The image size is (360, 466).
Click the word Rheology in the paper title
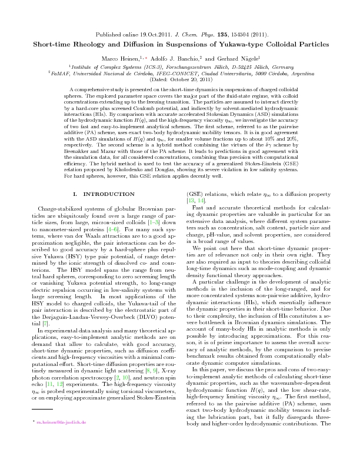click(98, 44)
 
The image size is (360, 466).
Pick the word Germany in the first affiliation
click(281, 67)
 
